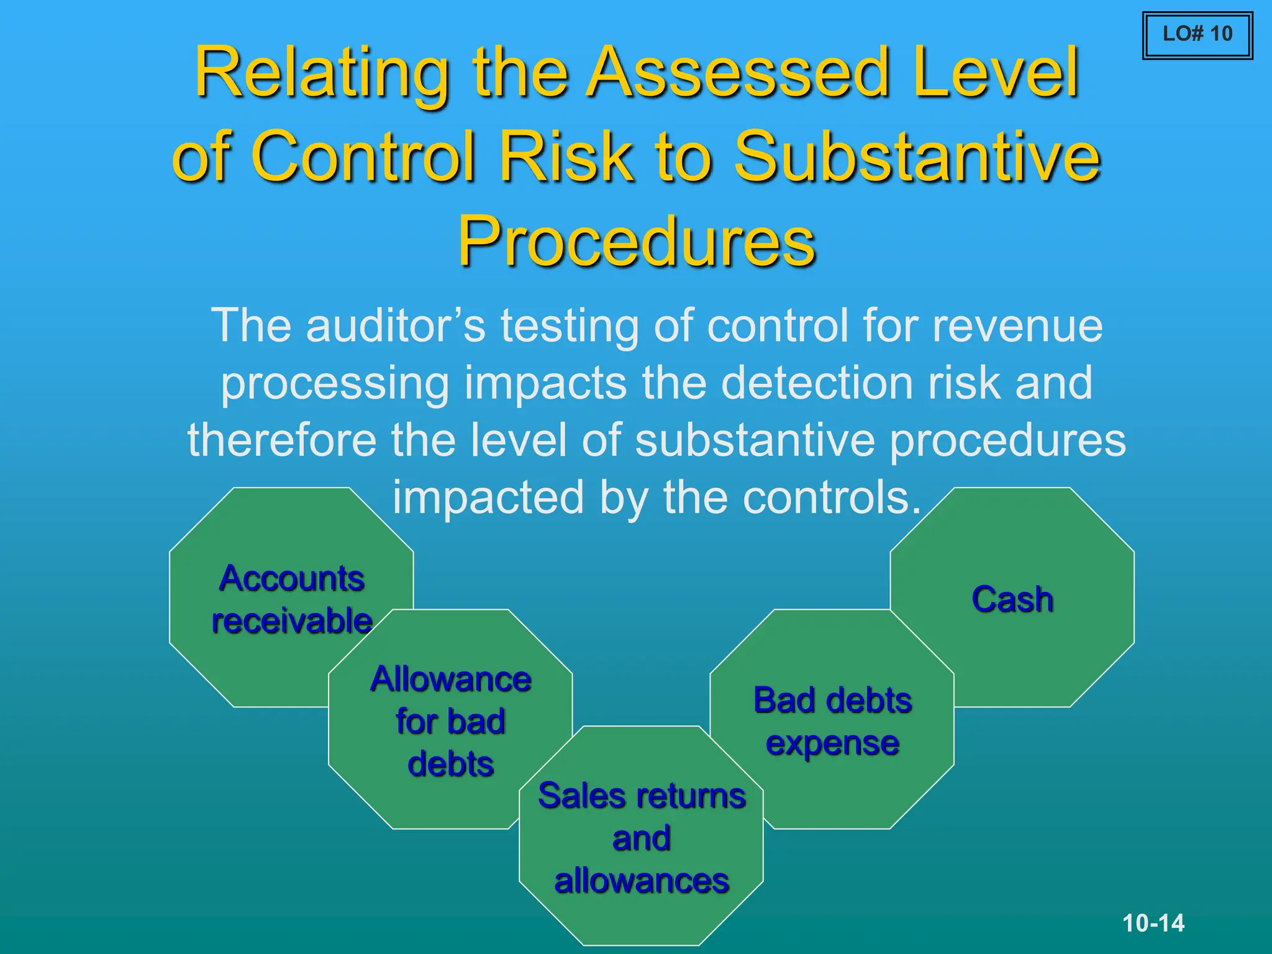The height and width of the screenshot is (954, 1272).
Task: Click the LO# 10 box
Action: pyautogui.click(x=1197, y=35)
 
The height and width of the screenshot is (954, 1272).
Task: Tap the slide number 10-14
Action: pyautogui.click(x=1153, y=923)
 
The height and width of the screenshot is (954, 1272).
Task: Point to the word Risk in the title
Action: pyautogui.click(x=566, y=156)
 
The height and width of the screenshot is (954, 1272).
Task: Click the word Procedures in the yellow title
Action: pyautogui.click(x=636, y=241)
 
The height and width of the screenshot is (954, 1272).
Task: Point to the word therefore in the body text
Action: pyautogui.click(x=282, y=440)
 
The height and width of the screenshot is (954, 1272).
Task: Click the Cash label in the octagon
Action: pyautogui.click(x=1012, y=599)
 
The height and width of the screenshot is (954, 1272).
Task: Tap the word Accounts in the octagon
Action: pyautogui.click(x=291, y=578)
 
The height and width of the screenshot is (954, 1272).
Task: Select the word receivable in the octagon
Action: pyautogui.click(x=291, y=620)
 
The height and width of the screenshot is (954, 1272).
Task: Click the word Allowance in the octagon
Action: pyautogui.click(x=450, y=679)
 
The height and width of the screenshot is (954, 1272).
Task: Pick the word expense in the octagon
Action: pyautogui.click(x=832, y=743)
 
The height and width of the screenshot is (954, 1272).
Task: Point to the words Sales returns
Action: pyautogui.click(x=641, y=796)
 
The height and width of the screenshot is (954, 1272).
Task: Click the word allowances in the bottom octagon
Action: pyautogui.click(x=641, y=881)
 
